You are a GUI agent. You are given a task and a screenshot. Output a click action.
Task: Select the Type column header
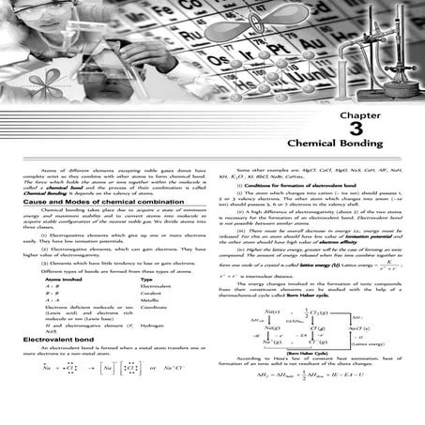pos(146,279)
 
